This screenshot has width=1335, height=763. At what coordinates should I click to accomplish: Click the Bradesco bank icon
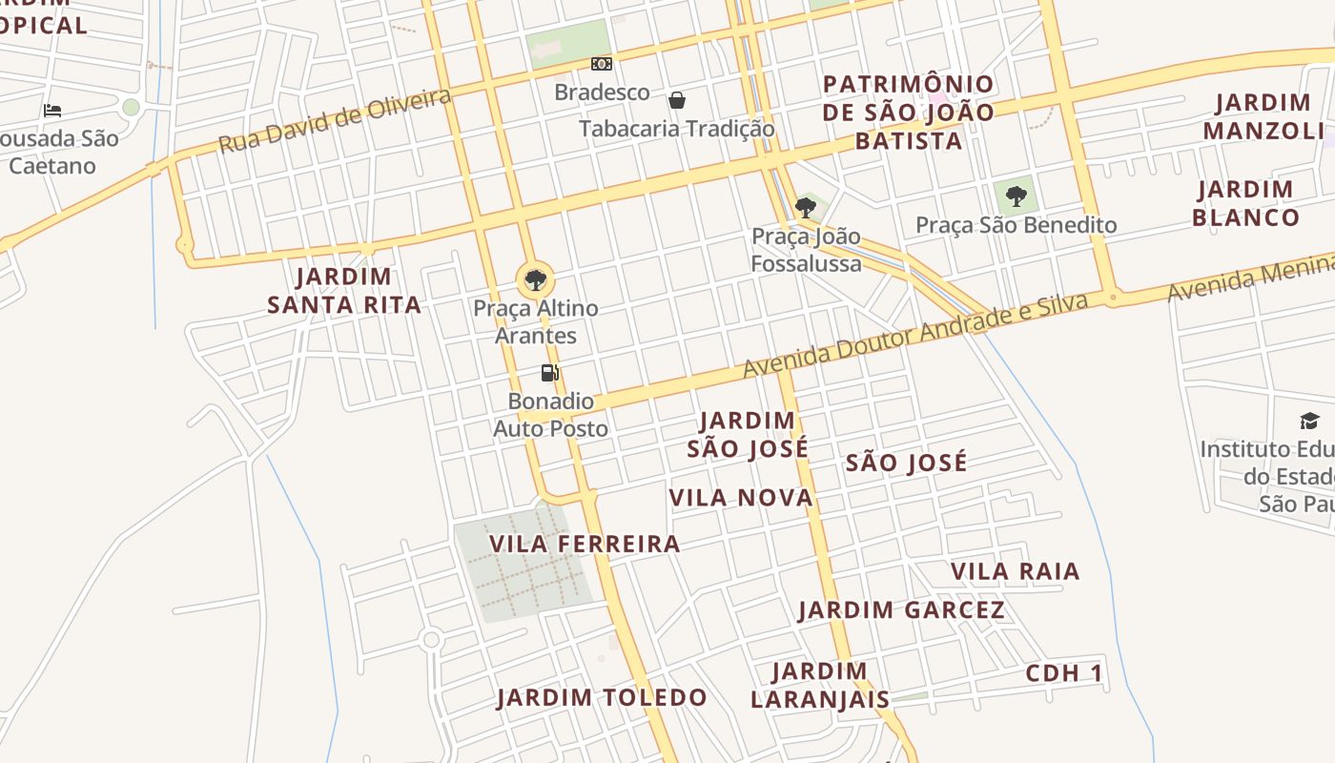pyautogui.click(x=601, y=64)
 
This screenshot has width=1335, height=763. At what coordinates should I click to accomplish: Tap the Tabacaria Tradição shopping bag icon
pyautogui.click(x=677, y=100)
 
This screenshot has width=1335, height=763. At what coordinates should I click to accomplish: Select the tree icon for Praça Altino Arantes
pyautogui.click(x=536, y=279)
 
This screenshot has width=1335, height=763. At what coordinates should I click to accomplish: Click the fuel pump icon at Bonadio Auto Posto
pyautogui.click(x=549, y=372)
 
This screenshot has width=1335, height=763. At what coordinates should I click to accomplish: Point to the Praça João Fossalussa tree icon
pyautogui.click(x=806, y=207)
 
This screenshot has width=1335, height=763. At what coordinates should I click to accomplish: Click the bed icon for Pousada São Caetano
pyautogui.click(x=52, y=111)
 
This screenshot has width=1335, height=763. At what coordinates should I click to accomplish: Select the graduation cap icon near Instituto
pyautogui.click(x=1309, y=421)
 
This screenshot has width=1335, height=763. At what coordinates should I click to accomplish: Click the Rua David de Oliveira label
pyautogui.click(x=335, y=121)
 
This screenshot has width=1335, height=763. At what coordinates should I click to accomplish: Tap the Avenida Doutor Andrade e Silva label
pyautogui.click(x=915, y=336)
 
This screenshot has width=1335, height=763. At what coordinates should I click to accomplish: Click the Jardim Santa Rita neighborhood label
pyautogui.click(x=343, y=291)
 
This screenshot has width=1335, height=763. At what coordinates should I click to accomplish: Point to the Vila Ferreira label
pyautogui.click(x=585, y=544)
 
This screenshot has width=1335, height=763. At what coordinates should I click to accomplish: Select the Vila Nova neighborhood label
pyautogui.click(x=741, y=497)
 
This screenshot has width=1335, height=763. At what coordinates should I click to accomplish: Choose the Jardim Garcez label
pyautogui.click(x=901, y=609)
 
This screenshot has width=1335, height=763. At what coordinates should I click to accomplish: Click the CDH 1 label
pyautogui.click(x=1064, y=673)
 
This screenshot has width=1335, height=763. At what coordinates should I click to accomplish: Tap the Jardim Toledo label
pyautogui.click(x=602, y=697)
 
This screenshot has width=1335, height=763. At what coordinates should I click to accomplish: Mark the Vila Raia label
pyautogui.click(x=1015, y=571)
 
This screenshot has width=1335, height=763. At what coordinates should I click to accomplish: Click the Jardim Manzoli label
pyautogui.click(x=1263, y=116)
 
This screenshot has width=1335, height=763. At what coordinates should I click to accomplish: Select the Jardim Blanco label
pyautogui.click(x=1245, y=203)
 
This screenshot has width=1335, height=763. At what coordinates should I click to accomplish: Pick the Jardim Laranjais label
pyautogui.click(x=819, y=685)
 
